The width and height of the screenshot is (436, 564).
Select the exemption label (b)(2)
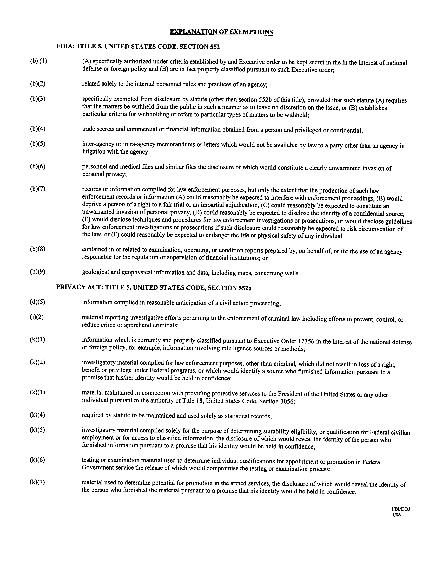38,83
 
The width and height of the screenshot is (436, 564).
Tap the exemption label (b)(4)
38,129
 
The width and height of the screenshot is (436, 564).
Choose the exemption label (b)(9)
38,272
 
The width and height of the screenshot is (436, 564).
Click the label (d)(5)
37,302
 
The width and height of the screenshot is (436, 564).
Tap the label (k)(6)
37,460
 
